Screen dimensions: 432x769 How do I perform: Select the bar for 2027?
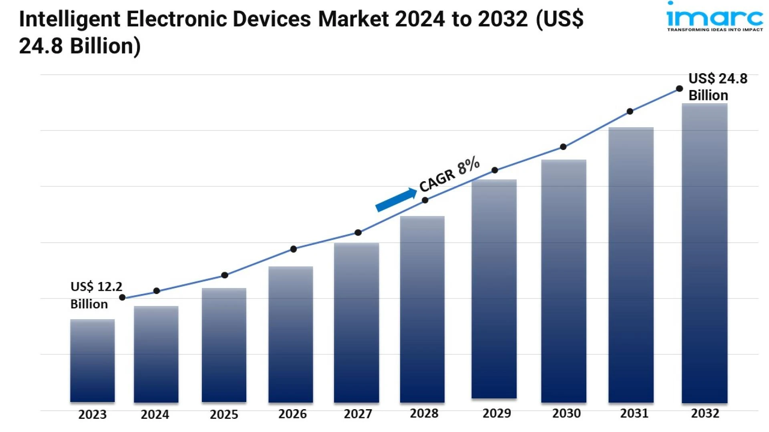[356, 322]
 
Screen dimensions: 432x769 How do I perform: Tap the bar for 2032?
[705, 253]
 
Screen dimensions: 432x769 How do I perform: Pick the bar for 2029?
[494, 289]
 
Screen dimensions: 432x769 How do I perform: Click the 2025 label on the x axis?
[224, 414]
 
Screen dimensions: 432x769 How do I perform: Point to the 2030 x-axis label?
[566, 413]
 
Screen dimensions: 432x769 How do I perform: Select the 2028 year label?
[424, 413]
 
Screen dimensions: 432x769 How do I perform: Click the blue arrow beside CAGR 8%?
[396, 199]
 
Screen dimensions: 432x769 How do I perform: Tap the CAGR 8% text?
[449, 174]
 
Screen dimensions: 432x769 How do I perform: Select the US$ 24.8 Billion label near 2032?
[717, 87]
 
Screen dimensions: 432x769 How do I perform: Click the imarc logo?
[715, 17]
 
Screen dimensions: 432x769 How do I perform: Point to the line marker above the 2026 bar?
[294, 249]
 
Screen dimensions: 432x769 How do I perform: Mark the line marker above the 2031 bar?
[630, 111]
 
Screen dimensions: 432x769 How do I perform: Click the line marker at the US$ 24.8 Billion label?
[679, 88]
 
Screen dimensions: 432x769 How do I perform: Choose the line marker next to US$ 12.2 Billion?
[123, 297]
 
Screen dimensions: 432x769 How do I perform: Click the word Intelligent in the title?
[70, 19]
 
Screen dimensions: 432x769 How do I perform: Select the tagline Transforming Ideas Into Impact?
[715, 30]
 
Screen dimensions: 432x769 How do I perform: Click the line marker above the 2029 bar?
[495, 170]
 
